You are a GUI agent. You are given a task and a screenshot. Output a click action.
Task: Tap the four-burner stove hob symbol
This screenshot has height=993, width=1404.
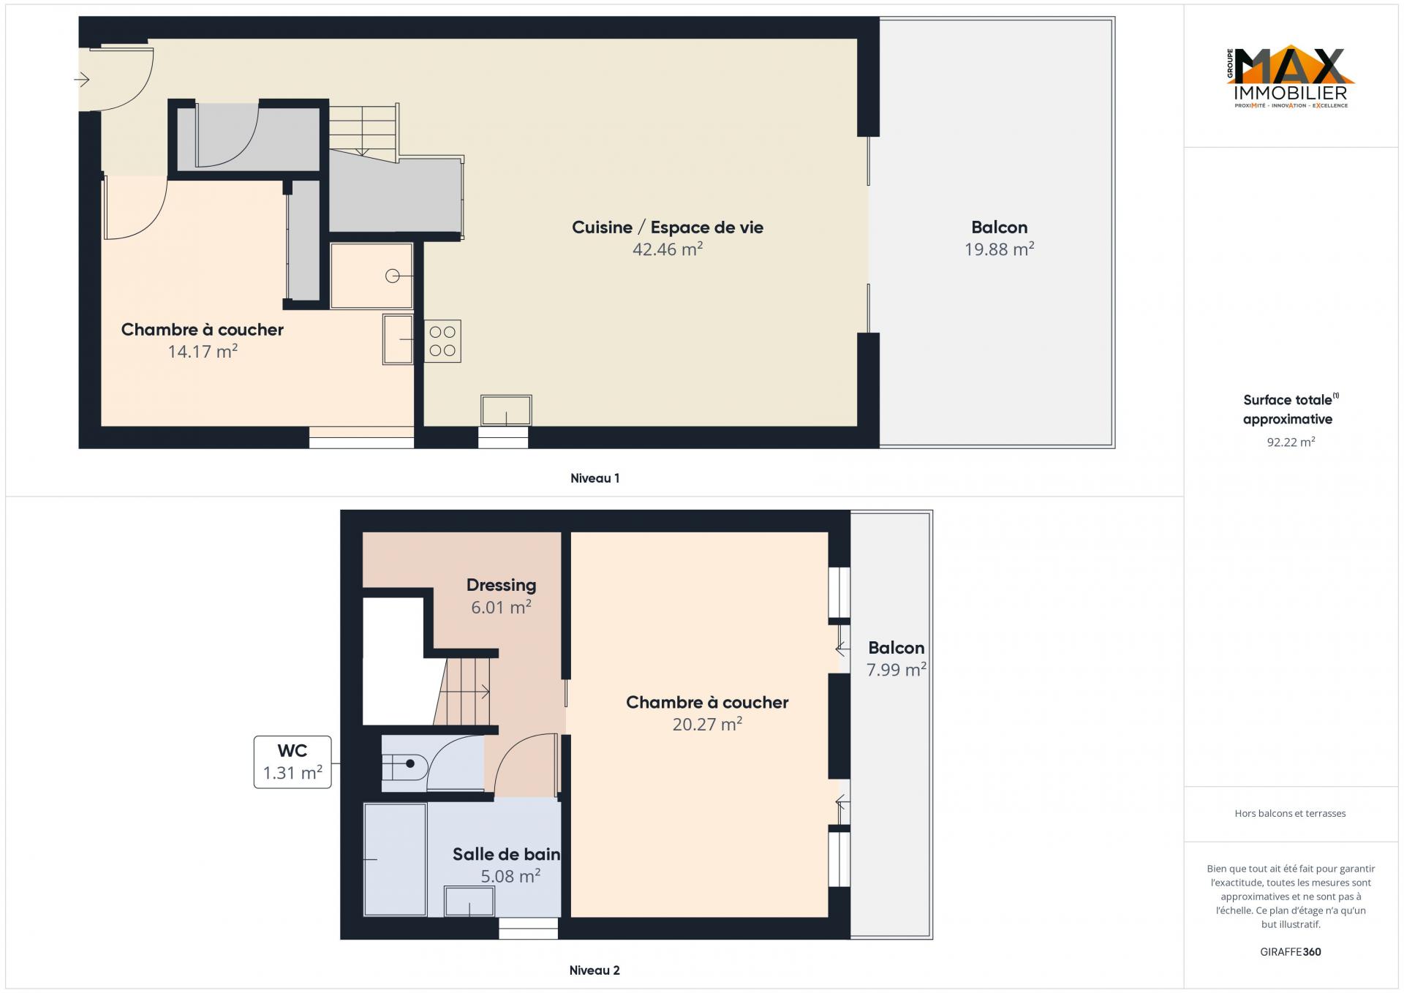442,341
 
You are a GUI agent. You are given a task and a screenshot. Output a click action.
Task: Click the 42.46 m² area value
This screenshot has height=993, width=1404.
668,249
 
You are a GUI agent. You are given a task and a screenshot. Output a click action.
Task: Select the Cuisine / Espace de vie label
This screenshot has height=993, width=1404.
668,227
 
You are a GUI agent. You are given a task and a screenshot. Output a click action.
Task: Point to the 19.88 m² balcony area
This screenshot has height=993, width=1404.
999,249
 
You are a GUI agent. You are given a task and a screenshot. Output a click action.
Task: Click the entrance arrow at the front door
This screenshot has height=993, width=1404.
82,79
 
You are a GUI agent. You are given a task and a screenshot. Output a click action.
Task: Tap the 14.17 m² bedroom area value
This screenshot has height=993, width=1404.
203,352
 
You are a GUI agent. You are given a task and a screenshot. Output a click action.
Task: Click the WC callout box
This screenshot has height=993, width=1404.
292,762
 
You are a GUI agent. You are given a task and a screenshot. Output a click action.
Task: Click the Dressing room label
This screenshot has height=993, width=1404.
502,585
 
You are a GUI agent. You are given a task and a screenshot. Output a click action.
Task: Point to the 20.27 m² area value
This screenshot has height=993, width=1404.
707,725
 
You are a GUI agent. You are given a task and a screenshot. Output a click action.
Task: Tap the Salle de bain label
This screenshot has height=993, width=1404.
506,854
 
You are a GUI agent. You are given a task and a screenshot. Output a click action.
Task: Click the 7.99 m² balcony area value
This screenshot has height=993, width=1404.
897,670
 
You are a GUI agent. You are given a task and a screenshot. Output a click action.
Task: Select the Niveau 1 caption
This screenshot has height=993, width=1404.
595,478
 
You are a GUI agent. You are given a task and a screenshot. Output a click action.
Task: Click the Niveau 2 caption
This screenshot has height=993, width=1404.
595,970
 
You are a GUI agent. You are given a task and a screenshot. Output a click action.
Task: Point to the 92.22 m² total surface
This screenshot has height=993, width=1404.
1291,442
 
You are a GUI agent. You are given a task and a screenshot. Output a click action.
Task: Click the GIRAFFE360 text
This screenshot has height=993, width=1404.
1291,952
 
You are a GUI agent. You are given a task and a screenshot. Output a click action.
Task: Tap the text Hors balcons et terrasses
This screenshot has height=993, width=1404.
1290,813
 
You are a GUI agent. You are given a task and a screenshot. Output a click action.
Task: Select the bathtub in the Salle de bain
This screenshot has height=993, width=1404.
395,859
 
